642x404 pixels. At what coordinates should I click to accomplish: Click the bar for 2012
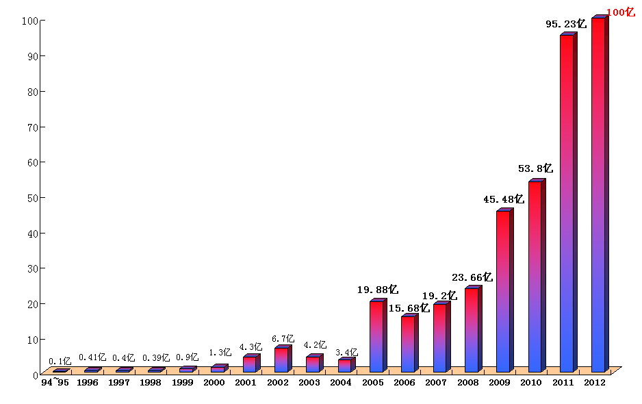[598, 195]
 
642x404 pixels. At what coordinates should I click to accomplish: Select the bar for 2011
[567, 203]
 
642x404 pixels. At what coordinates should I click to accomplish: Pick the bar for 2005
[376, 336]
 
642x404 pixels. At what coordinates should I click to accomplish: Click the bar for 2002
[281, 359]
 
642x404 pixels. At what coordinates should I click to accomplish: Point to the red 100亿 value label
[621, 12]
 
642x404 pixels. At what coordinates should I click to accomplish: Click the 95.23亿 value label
[566, 24]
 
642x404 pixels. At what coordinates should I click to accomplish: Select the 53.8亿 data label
[535, 168]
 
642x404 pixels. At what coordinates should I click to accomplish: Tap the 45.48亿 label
[503, 199]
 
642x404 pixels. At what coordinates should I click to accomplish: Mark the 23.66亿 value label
[472, 277]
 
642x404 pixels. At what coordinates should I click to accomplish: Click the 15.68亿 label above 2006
[409, 308]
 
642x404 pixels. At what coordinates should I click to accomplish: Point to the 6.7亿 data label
[283, 339]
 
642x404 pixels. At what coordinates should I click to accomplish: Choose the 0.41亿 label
[92, 357]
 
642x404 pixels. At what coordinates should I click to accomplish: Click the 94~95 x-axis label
[55, 382]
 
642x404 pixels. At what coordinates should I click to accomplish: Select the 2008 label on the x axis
[468, 382]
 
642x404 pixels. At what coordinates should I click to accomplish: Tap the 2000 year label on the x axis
[214, 382]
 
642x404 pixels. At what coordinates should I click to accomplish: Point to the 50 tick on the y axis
[31, 198]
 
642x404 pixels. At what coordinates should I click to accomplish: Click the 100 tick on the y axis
[29, 21]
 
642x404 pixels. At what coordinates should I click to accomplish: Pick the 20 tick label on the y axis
[31, 304]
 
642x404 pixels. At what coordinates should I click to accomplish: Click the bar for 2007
[440, 338]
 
